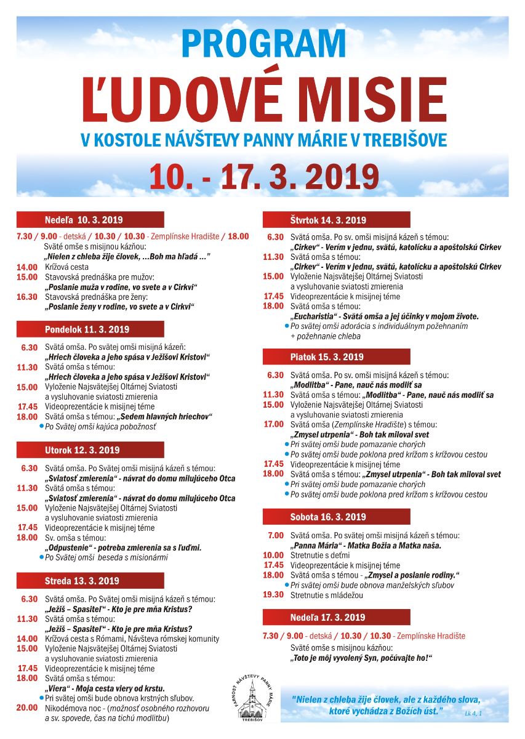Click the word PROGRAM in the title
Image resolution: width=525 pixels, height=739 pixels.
[x=263, y=44]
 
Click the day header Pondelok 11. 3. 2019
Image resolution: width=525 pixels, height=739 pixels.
[x=87, y=329]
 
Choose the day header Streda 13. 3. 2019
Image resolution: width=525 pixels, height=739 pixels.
[x=82, y=581]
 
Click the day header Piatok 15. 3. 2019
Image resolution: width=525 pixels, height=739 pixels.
[x=327, y=357]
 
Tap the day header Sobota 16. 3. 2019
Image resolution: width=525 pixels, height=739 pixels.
[x=327, y=517]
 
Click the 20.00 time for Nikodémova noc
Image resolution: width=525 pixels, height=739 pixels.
[x=27, y=708]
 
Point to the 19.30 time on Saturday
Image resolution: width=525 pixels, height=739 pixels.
[x=273, y=595]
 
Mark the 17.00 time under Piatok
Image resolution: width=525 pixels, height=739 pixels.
[x=273, y=424]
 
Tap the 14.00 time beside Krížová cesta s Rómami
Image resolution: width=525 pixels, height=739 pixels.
[x=27, y=639]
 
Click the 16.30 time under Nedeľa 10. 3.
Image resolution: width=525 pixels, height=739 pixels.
[x=27, y=297]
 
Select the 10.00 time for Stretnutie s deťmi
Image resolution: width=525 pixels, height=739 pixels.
[x=273, y=555]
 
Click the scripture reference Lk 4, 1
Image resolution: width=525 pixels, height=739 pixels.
[x=474, y=714]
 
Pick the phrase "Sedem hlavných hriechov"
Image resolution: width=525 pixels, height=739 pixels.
[x=164, y=417]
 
